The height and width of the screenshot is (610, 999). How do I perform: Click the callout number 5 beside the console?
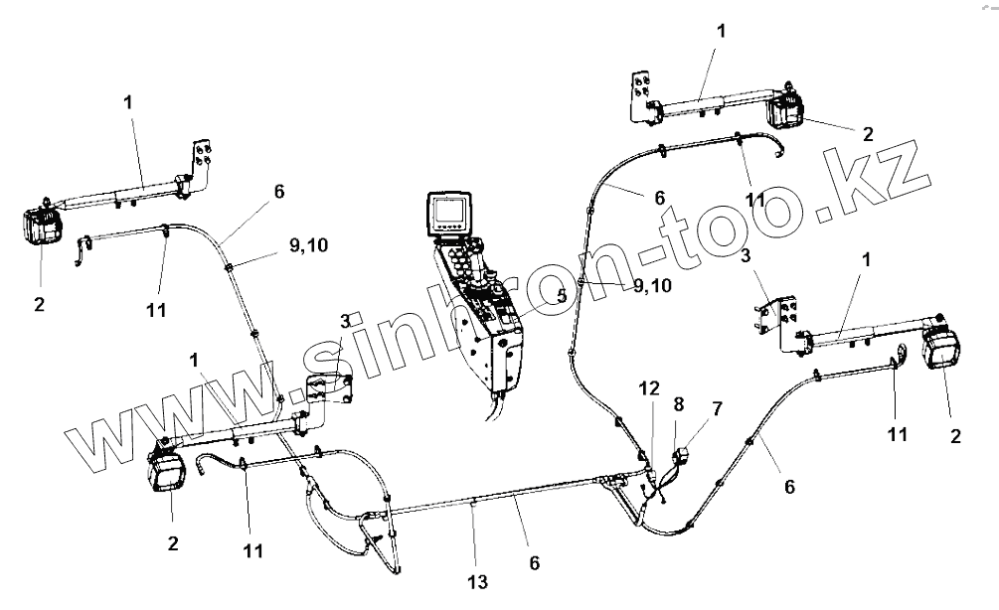(562, 296)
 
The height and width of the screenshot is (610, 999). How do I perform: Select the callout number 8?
(679, 404)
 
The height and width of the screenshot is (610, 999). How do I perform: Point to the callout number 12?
(648, 389)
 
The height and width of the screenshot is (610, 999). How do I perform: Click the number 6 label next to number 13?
(535, 562)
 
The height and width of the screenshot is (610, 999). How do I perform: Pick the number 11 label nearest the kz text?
(755, 199)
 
